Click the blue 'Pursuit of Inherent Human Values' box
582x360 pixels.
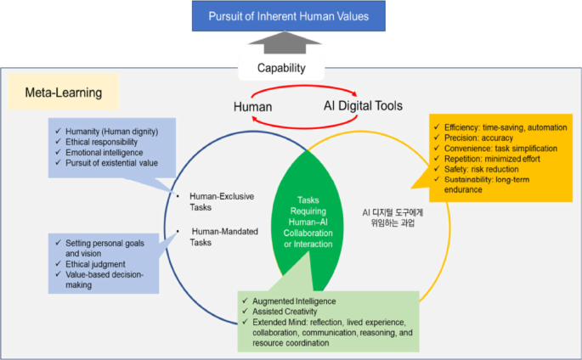[288, 16]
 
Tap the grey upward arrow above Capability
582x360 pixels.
[285, 42]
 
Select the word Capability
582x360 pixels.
[281, 68]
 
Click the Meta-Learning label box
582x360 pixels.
[64, 92]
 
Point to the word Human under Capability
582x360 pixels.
[253, 107]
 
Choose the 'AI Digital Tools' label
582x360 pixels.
[363, 105]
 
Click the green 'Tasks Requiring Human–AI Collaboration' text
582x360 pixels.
[308, 222]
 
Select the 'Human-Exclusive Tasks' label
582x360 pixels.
[222, 202]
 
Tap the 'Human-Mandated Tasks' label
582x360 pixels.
[223, 237]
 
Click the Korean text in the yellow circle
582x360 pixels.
[393, 217]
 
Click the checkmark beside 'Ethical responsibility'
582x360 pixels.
[58, 141]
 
